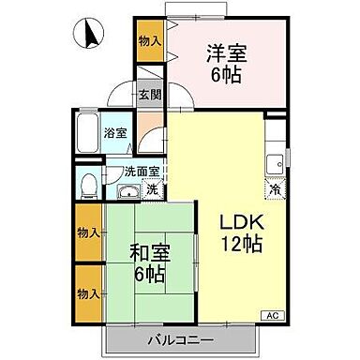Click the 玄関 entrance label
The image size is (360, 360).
pyautogui.click(x=149, y=94)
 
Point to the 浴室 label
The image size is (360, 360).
pyautogui.click(x=116, y=132)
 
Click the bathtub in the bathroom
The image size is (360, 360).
pyautogui.click(x=86, y=136)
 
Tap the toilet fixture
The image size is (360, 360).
pyautogui.click(x=88, y=186)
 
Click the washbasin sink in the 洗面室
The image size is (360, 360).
pyautogui.click(x=127, y=193)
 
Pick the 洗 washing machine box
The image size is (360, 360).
pyautogui.click(x=153, y=190)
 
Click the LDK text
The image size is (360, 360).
pyautogui.click(x=239, y=224)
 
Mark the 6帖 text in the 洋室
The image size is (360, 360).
pyautogui.click(x=225, y=73)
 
